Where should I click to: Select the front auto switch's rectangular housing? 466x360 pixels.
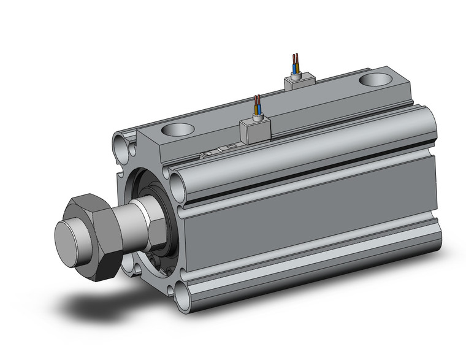(x=252, y=129)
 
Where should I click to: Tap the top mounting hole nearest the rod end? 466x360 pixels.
(x=177, y=130)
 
